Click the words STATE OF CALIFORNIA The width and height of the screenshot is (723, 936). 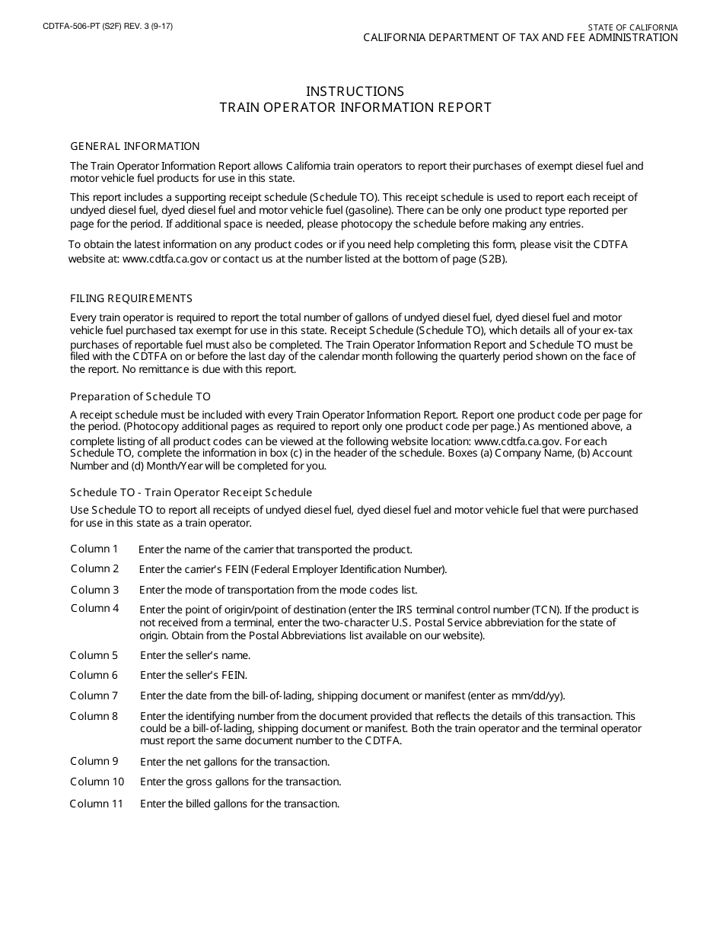[x=632, y=27]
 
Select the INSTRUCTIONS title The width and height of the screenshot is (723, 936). [x=355, y=91]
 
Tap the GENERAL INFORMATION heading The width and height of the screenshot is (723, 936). [x=135, y=146]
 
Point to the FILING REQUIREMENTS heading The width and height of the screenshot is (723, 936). [x=131, y=298]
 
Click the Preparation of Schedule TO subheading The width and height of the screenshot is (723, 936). [x=140, y=396]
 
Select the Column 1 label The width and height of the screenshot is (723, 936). [x=94, y=549]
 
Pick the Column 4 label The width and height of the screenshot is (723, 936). [x=95, y=608]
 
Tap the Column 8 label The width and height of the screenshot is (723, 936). [x=94, y=716]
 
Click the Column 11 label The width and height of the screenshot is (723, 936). [x=97, y=804]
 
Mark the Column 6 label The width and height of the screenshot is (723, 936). [x=94, y=675]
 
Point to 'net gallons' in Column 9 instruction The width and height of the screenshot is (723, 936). [x=212, y=762]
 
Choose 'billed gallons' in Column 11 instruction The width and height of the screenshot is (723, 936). [x=217, y=804]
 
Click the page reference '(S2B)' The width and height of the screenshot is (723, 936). [x=492, y=259]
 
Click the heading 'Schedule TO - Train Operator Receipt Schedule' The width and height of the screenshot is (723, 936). [x=191, y=492]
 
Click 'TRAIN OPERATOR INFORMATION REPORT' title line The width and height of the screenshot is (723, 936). [x=355, y=107]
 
